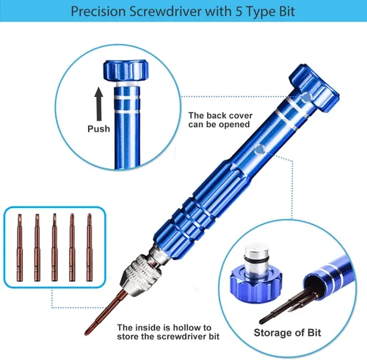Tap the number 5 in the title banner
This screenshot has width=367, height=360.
pyautogui.click(x=239, y=11)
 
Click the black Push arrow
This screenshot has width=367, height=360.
pyautogui.click(x=99, y=104)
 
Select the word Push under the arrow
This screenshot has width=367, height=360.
pyautogui.click(x=99, y=129)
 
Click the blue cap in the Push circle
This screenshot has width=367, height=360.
pyautogui.click(x=126, y=71)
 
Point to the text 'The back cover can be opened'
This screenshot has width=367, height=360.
pyautogui.click(x=220, y=120)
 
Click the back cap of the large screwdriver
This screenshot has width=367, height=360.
pyautogui.click(x=314, y=87)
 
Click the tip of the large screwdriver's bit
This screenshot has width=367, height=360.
pyautogui.click(x=86, y=334)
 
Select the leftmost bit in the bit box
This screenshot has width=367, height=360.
pyautogui.click(x=20, y=248)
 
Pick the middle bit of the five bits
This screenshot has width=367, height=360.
pyautogui.click(x=54, y=247)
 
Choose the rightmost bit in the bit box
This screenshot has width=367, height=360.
pyautogui.click(x=90, y=247)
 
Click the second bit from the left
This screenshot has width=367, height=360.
pyautogui.click(x=37, y=248)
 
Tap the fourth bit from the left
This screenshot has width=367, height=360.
pyautogui.click(x=72, y=247)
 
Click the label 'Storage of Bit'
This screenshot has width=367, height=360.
pyautogui.click(x=287, y=333)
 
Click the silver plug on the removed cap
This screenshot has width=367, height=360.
pyautogui.click(x=256, y=257)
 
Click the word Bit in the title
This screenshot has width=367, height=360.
pyautogui.click(x=287, y=11)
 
